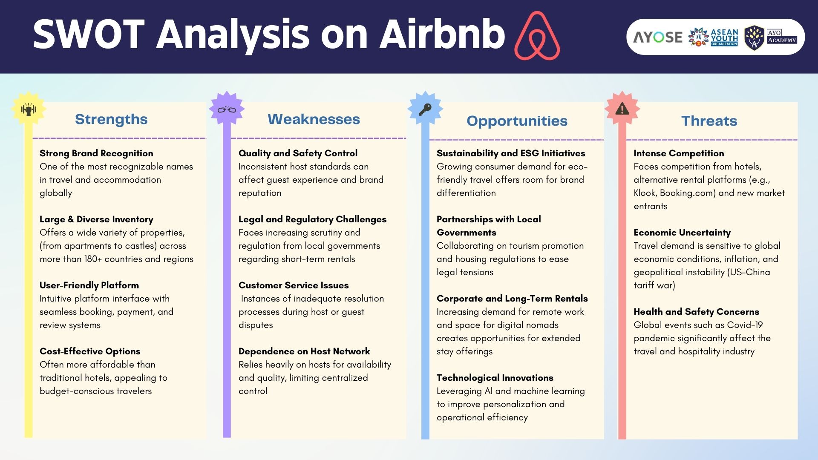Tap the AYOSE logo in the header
point(658,37)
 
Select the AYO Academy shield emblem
point(754,37)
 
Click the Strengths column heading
point(111,119)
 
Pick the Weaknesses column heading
point(314,119)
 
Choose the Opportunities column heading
point(517,121)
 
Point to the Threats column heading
point(709,121)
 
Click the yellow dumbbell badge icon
point(29,109)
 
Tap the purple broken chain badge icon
point(227,109)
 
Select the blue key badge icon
point(425,109)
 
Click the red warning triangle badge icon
point(622,109)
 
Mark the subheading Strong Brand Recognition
point(96,153)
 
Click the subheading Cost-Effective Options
point(90,351)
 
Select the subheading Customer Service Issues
point(294,285)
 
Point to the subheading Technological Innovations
point(495,378)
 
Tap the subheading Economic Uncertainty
point(682,233)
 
